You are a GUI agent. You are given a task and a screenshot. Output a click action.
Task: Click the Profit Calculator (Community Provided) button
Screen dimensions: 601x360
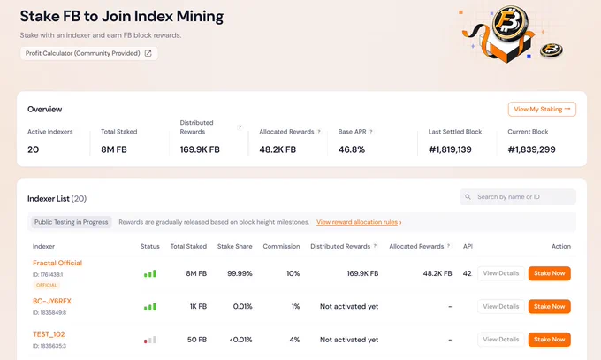(89, 53)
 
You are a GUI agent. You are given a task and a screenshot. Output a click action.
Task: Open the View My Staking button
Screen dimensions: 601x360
(542, 110)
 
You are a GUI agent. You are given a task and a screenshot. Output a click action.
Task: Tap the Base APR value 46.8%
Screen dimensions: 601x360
(352, 149)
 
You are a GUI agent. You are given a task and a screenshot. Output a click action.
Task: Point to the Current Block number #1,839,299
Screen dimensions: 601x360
(531, 149)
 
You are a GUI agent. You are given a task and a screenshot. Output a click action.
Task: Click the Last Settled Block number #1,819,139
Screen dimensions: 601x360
(450, 149)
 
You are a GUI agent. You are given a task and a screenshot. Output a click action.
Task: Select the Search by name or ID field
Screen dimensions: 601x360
(518, 197)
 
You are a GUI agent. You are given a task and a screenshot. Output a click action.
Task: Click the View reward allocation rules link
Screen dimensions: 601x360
(359, 222)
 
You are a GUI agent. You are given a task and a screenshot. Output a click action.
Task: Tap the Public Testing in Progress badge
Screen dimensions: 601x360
(72, 222)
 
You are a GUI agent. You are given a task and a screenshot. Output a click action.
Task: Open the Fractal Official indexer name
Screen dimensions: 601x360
(57, 263)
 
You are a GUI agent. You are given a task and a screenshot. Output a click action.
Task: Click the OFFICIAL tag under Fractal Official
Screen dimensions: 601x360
(46, 285)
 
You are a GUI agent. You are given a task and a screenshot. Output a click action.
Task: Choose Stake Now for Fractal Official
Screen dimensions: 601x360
(549, 273)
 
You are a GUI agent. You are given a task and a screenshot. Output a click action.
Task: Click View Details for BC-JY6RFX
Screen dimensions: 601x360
(501, 306)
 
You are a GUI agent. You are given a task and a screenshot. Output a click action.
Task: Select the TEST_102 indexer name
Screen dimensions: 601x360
(49, 334)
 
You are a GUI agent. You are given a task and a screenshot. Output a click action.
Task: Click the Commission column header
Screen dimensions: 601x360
(281, 247)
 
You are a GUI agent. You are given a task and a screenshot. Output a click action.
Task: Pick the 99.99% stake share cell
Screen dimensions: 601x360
(240, 273)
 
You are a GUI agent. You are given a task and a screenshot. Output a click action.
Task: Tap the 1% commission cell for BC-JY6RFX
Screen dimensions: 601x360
(295, 307)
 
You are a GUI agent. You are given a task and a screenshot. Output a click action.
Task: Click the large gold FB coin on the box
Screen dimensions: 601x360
(510, 23)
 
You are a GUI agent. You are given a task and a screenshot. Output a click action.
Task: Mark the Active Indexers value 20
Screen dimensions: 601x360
(33, 149)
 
